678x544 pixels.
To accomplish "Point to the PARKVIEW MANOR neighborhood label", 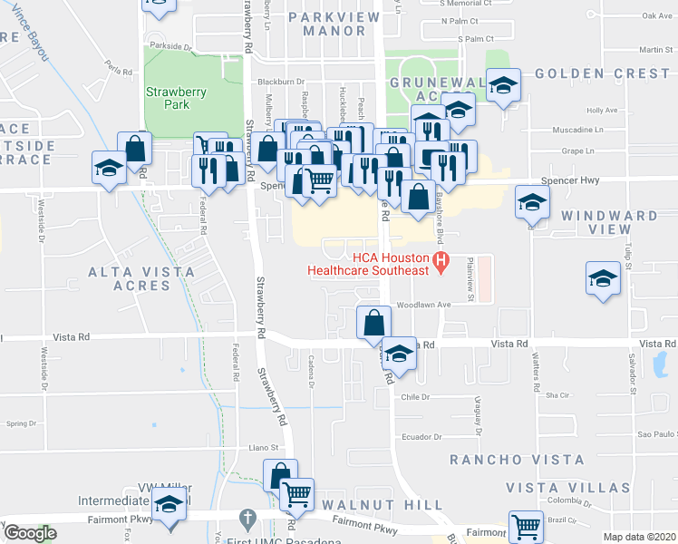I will [327, 24].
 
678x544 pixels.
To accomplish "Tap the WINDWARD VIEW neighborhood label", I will [608, 223].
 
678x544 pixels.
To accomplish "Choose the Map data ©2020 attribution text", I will [638, 537].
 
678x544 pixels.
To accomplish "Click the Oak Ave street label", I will [656, 15].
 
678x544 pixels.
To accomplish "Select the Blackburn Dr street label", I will [278, 81].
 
